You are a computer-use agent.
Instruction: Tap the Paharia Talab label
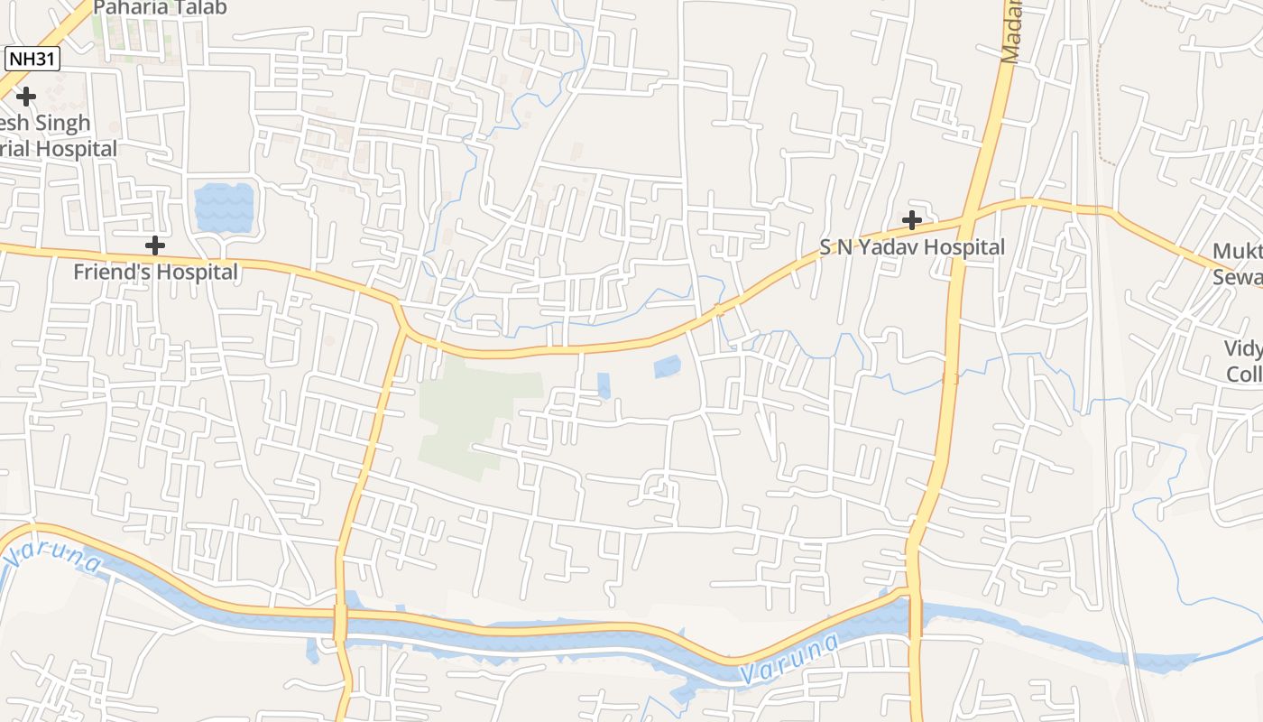point(160,8)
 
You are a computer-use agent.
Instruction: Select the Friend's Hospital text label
point(155,272)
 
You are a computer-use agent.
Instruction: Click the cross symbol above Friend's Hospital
point(155,245)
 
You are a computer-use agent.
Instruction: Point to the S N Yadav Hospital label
point(912,247)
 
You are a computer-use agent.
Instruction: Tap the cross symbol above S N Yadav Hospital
point(912,219)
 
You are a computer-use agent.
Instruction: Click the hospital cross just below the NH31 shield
point(26,96)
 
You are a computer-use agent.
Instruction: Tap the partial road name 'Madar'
point(1010,32)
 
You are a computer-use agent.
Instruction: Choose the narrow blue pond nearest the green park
point(604,385)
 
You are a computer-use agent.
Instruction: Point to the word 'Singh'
point(56,123)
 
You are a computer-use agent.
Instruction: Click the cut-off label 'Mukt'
point(1237,251)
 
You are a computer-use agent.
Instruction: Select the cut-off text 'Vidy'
point(1243,348)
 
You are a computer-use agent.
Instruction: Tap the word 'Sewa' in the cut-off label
point(1237,277)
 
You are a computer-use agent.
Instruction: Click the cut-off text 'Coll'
point(1244,374)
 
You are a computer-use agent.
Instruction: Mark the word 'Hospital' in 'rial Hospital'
point(76,148)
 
